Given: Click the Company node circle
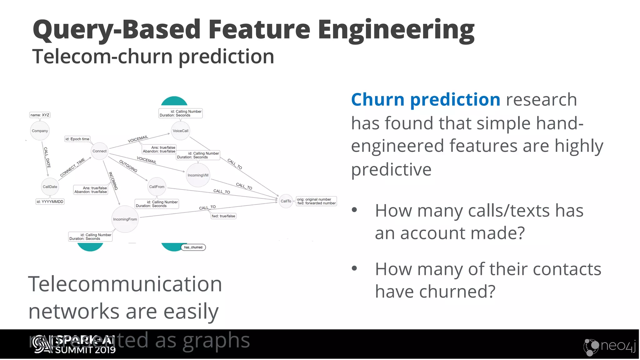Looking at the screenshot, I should pos(40,131).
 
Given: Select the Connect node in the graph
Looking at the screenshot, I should pos(99,151).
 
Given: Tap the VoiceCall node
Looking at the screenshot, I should pos(180,131).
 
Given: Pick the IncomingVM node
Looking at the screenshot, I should pos(198,175).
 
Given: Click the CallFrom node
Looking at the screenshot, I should pos(157,187).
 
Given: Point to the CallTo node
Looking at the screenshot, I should pos(286,201).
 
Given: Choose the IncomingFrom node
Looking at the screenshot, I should pos(125,219).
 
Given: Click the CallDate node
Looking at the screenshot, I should pos(50,187).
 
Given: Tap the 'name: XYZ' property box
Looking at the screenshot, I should pos(40,115).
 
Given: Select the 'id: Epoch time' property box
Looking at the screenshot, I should pos(77,139).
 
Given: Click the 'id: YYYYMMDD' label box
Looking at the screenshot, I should pos(50,202).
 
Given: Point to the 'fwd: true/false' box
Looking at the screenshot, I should pos(223,216).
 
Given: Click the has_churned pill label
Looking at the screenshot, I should pos(193,247).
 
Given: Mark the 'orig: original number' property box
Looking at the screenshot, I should pos(316,201).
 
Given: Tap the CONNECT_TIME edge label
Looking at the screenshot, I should pos(72,167).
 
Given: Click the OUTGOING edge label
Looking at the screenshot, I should pos(128,166).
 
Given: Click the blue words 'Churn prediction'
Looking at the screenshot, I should pos(425,100).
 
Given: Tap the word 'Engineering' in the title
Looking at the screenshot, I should pos(396,29).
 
